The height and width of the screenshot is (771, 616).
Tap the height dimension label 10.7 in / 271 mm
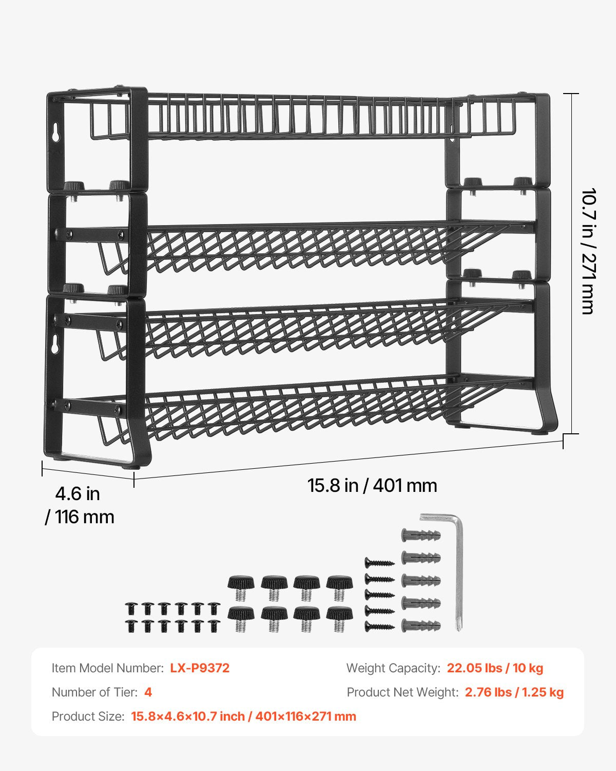588,251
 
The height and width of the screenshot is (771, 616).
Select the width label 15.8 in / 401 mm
372,486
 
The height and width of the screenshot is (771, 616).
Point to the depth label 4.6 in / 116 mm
79,505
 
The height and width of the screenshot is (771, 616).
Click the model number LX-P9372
200,668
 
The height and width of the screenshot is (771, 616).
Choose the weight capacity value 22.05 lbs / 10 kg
495,668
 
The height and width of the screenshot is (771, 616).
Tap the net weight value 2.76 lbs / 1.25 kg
514,692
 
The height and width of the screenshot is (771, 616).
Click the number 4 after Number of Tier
148,692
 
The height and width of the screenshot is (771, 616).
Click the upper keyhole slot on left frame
55,132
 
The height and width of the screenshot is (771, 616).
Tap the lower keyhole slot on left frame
54,345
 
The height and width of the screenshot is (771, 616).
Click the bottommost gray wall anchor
420,626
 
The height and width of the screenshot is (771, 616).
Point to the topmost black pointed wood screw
379,563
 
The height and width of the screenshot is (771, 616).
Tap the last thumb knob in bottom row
339,618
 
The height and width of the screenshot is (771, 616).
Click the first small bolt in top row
131,609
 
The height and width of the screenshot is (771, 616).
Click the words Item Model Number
107,668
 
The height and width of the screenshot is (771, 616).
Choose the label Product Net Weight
402,692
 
